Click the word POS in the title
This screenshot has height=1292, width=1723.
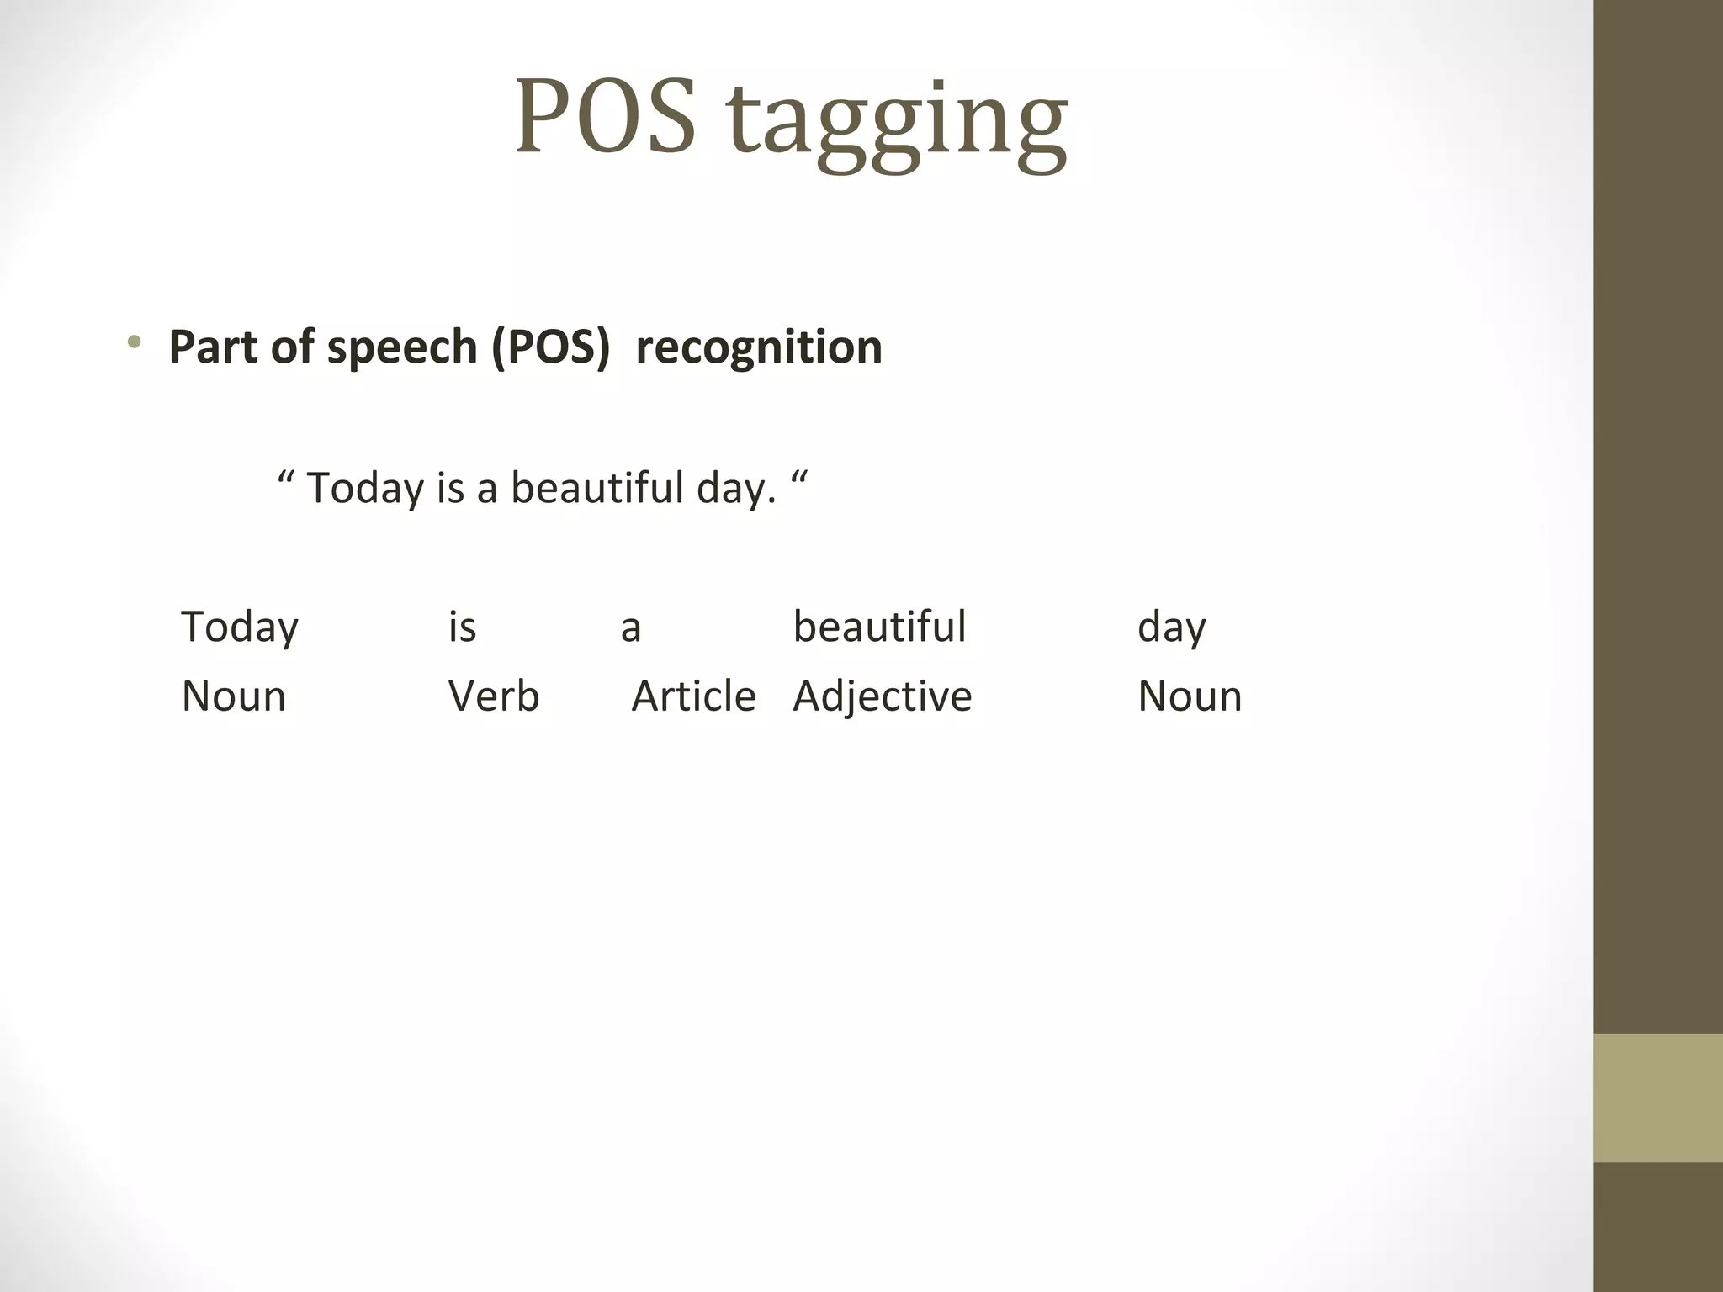(606, 118)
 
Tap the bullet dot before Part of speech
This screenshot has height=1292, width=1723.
(134, 342)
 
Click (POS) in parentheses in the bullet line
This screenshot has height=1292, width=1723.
(551, 347)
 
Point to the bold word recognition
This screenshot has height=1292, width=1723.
(759, 347)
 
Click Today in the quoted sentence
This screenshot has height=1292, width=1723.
(365, 488)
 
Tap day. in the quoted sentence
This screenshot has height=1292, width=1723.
(736, 489)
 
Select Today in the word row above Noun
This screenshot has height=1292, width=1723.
(240, 627)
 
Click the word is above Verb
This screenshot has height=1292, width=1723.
(463, 627)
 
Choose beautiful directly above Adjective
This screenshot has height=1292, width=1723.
(879, 627)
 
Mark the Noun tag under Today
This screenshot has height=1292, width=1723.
(234, 696)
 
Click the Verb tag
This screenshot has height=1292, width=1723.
(494, 696)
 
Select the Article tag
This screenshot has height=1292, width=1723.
(693, 696)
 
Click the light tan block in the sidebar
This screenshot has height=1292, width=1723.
(1657, 1098)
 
